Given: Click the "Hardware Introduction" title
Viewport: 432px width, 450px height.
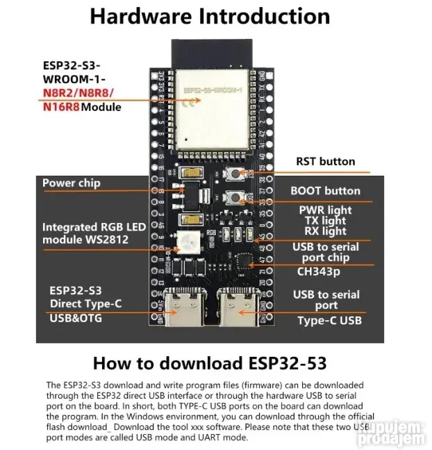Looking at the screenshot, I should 210,17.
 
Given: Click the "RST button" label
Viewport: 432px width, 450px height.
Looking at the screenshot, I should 325,162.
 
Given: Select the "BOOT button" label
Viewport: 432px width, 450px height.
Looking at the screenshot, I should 325,191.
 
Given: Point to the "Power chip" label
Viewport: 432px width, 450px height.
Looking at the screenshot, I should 72,183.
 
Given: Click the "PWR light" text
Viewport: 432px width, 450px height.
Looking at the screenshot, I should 325,210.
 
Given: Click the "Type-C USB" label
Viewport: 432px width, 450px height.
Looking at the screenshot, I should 329,320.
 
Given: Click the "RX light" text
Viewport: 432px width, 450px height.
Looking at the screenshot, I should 325,231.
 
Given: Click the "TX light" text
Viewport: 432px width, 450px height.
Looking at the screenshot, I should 325,221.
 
